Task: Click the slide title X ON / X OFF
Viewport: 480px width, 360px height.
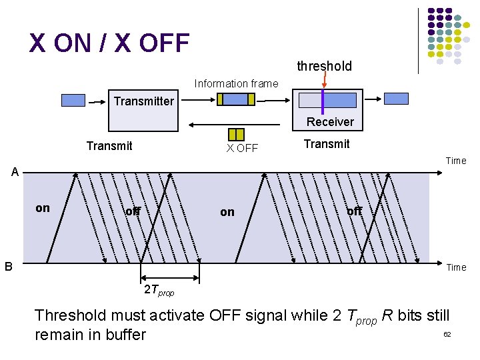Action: (109, 43)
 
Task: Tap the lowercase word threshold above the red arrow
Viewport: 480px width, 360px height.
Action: (324, 66)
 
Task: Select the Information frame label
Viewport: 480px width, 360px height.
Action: (236, 83)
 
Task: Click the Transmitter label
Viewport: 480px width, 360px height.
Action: (143, 101)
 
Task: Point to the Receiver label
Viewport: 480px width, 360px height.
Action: (330, 121)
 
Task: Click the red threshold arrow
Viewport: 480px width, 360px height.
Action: (324, 81)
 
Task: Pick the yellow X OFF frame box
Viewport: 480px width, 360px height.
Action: (236, 134)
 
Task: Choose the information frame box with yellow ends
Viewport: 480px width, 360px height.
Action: (236, 99)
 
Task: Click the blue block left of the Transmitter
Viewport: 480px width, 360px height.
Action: (73, 101)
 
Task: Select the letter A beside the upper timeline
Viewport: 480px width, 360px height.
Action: (15, 173)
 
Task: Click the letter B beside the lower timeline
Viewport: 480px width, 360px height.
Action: (9, 266)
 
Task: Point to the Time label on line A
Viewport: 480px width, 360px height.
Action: (456, 161)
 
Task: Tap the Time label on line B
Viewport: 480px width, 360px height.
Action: (456, 267)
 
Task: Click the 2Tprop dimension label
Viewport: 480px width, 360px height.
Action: (159, 291)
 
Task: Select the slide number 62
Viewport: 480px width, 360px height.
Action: (447, 333)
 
